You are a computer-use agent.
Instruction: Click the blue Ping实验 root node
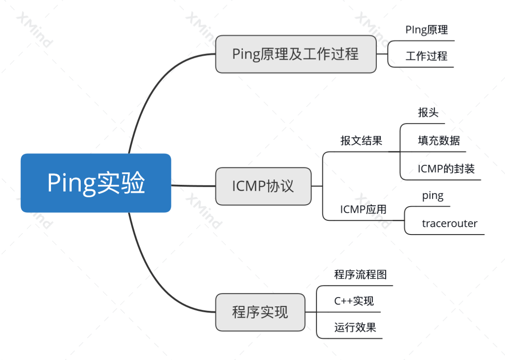pos(96,183)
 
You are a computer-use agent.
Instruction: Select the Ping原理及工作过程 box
pos(295,54)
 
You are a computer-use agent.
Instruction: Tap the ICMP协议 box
pos(263,186)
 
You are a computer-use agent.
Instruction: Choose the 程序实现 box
pos(260,312)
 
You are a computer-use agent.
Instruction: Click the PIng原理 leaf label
pos(427,30)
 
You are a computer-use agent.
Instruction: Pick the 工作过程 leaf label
pos(426,56)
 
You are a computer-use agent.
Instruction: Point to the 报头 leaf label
pos(428,113)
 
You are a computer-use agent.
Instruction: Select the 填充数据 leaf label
pos(438,141)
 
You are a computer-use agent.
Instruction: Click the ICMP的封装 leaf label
pos(446,169)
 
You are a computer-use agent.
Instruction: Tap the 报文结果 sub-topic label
pos(361,141)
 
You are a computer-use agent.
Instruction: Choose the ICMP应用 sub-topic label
pos(363,209)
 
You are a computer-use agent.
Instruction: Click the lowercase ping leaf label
pos(433,196)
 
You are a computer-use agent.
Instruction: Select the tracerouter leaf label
pos(450,223)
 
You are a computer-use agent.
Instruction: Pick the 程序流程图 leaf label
pos(360,274)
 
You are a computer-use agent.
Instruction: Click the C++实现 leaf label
pos(354,301)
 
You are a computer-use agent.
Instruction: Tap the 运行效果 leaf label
pos(355,328)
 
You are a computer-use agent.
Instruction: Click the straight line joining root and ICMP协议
pos(193,185)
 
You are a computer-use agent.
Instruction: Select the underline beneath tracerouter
pos(448,234)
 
